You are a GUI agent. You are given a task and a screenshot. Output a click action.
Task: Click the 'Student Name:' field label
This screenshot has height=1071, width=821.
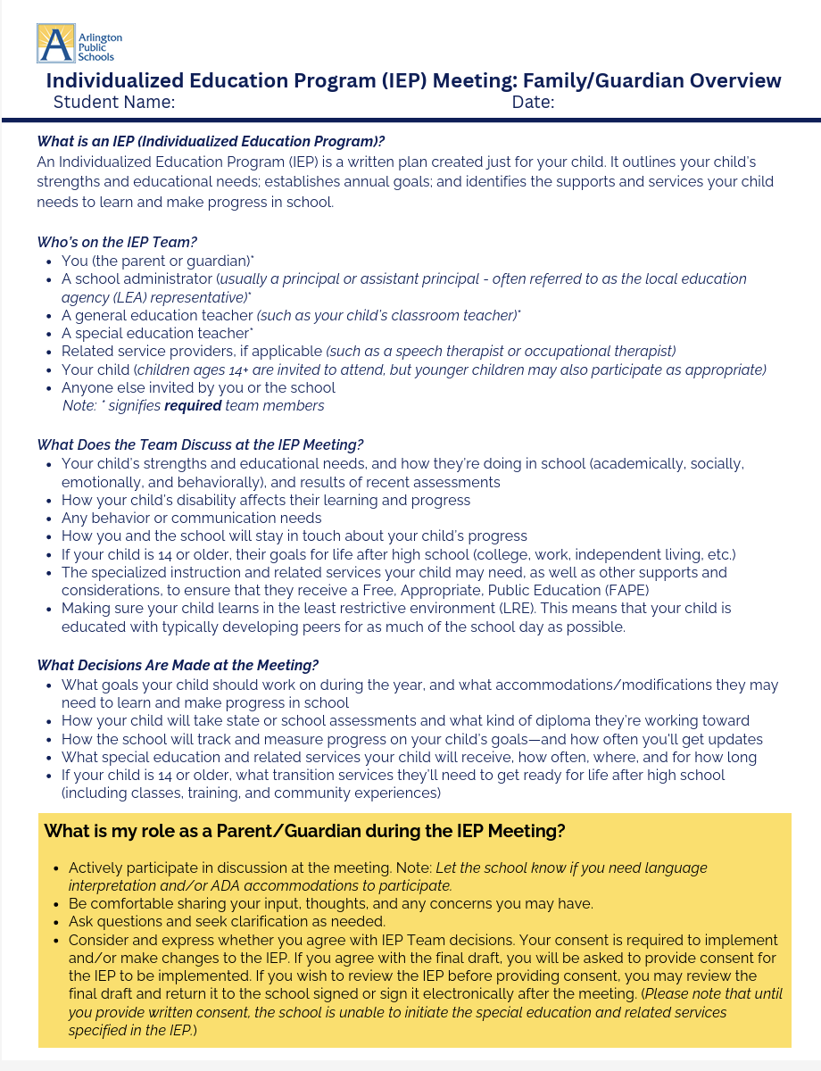113,103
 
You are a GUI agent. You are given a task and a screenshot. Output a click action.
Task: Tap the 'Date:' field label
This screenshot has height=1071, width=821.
533,103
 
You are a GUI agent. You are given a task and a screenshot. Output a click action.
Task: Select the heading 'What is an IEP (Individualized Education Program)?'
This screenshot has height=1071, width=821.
211,141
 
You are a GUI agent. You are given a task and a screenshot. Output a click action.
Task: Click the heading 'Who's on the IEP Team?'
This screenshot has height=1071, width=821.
117,241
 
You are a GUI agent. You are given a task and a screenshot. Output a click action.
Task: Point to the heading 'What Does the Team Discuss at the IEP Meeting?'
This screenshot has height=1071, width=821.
200,444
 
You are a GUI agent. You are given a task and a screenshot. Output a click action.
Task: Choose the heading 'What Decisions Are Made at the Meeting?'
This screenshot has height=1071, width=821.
178,665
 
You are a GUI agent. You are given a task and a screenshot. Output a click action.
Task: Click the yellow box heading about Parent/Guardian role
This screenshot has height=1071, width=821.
304,831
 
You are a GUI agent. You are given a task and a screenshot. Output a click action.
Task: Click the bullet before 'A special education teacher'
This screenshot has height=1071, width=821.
47,334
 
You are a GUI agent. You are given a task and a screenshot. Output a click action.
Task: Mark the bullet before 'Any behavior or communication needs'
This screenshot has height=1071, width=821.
47,519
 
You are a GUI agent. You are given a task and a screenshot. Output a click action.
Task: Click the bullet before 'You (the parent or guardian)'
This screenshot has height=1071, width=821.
47,262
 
